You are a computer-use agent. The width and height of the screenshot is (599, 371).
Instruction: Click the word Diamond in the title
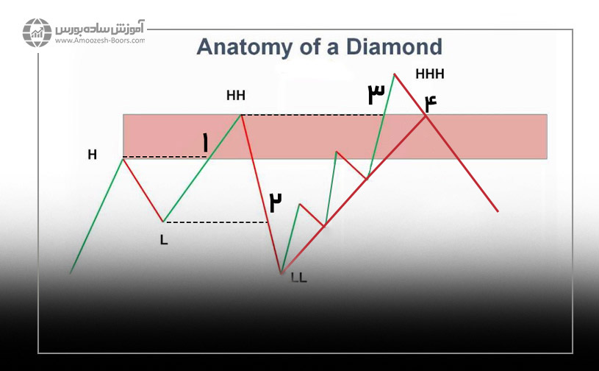(394, 46)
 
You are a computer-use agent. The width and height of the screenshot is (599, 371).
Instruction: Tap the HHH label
(430, 74)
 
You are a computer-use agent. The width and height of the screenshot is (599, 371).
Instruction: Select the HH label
(236, 95)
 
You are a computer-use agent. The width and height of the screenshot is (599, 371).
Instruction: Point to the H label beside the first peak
(92, 155)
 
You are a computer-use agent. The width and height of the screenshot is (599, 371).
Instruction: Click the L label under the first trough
(164, 240)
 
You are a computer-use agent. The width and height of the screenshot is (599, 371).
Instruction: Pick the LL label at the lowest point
(299, 278)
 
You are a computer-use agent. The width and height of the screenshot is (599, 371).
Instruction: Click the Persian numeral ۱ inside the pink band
(206, 144)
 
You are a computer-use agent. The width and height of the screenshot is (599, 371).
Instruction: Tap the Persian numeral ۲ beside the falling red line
(276, 202)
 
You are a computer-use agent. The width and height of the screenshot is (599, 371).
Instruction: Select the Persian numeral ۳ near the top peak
(376, 94)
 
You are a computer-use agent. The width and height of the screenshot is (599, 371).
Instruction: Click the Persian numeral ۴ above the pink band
(431, 103)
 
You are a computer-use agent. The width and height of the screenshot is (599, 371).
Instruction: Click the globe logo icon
(37, 32)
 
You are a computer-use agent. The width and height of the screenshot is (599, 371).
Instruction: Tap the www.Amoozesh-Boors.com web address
(100, 40)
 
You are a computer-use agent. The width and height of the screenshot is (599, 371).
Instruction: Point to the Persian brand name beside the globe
(100, 28)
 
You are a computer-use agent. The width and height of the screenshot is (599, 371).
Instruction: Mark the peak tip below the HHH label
(394, 74)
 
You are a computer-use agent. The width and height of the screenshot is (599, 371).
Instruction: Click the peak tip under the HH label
(241, 114)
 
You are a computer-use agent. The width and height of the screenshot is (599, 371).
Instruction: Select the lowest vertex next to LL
(281, 274)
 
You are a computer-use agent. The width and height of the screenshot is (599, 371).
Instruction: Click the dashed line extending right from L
(215, 222)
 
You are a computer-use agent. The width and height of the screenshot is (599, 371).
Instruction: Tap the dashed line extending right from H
(165, 157)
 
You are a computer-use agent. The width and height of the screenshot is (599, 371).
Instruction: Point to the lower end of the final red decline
(498, 211)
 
